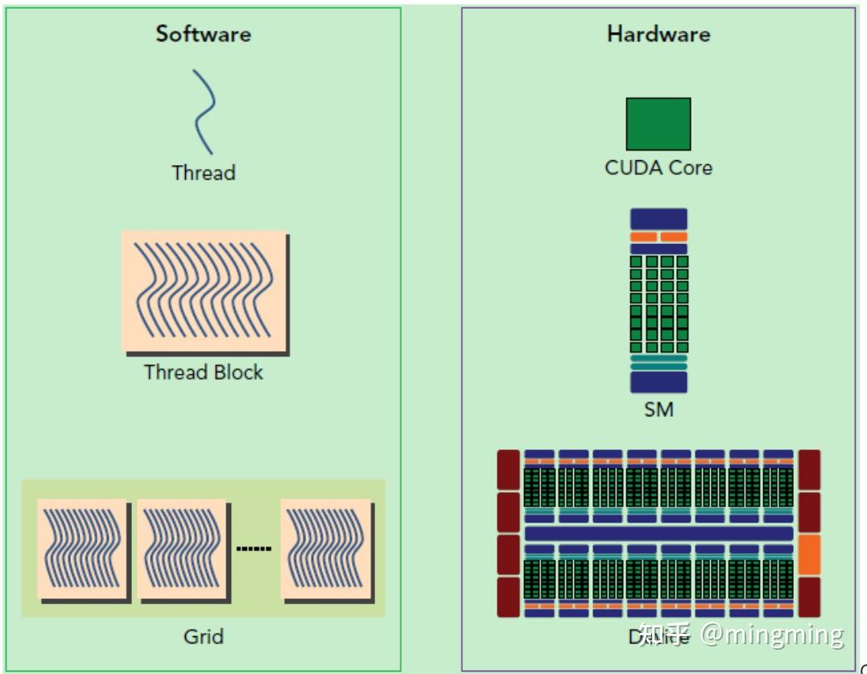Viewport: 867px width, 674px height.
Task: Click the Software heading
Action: coord(203,34)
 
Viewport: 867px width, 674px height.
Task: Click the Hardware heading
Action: coord(659,34)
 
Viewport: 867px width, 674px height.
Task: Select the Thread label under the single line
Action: coord(203,173)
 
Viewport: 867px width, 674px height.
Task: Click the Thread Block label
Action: coord(203,372)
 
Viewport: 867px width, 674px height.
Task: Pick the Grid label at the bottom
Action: coord(203,636)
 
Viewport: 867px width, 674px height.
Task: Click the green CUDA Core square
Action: coord(659,124)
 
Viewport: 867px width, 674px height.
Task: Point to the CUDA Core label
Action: coord(659,168)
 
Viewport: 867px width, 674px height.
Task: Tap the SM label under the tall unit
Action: coord(659,410)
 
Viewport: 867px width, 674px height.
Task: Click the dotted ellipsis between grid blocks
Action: coord(254,549)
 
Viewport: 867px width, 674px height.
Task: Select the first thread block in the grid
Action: coord(83,549)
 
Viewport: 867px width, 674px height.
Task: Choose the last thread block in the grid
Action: coord(326,549)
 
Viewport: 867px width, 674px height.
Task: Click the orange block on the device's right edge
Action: coord(809,554)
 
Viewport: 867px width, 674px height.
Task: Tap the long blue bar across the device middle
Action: coord(659,533)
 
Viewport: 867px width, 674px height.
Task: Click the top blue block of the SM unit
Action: coord(659,218)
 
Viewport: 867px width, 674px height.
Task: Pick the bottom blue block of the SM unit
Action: coord(659,382)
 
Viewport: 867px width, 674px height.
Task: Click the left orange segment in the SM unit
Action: coord(643,238)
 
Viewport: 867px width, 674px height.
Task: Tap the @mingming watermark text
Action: coord(771,635)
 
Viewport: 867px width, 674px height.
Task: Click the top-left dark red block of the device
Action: coord(509,469)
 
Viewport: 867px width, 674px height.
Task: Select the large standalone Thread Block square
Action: coord(204,292)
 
